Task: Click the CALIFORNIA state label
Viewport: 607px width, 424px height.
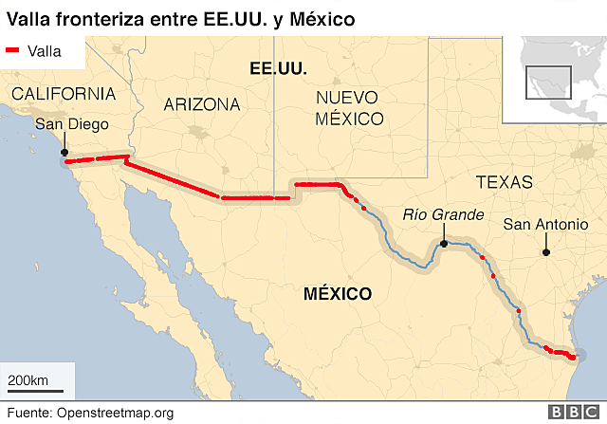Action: point(64,94)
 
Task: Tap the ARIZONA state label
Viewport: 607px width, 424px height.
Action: point(202,104)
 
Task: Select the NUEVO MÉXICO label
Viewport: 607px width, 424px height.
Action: point(349,108)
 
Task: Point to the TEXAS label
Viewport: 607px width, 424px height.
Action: point(505,182)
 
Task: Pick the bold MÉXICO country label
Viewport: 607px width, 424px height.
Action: point(338,294)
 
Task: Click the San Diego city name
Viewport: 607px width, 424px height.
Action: point(72,124)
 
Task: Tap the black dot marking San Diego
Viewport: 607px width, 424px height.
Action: point(64,152)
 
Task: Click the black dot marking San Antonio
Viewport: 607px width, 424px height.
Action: point(545,252)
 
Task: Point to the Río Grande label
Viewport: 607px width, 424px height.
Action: point(436,214)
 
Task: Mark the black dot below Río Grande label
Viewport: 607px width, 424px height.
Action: point(443,244)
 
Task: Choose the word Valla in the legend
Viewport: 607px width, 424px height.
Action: point(45,51)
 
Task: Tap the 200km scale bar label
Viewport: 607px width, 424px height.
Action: point(28,380)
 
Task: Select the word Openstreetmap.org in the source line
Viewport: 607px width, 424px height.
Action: point(115,413)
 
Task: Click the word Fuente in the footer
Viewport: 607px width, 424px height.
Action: point(28,413)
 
